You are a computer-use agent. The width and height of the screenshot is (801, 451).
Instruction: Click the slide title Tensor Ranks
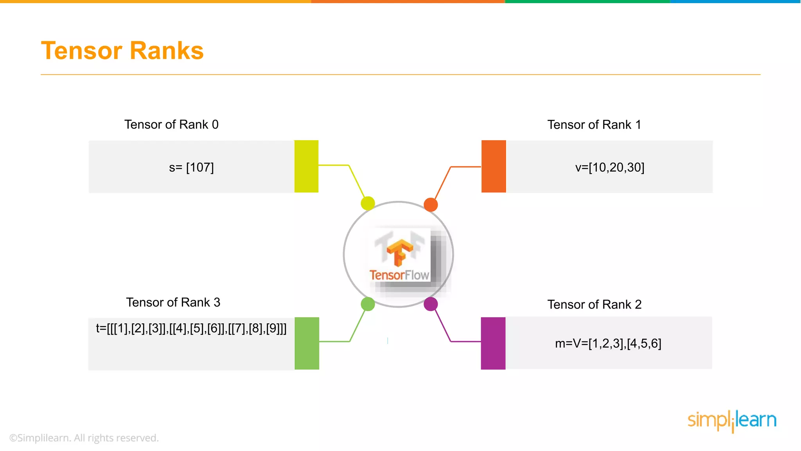(x=122, y=51)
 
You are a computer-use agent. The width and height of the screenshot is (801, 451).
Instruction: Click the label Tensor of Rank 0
(x=171, y=124)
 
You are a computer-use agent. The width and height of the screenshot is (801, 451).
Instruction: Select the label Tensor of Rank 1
(x=594, y=124)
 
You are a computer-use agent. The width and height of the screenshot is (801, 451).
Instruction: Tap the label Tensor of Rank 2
(x=594, y=304)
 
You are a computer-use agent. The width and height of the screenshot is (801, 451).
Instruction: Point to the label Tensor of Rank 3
(x=173, y=302)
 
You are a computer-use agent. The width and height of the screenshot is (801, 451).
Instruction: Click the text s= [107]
(x=191, y=168)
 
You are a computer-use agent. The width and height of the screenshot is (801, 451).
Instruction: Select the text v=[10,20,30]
(x=609, y=168)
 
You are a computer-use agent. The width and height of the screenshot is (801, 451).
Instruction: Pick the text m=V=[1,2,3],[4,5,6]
(x=608, y=343)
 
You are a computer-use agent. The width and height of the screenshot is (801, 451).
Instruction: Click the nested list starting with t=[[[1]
(x=191, y=328)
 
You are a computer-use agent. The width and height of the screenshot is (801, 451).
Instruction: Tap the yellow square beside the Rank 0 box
(x=306, y=166)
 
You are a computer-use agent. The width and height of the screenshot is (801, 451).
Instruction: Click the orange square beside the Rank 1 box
(x=494, y=166)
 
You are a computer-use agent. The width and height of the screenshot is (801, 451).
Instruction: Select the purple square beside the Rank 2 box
(x=493, y=343)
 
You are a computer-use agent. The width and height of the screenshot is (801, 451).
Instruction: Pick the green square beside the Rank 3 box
(x=307, y=343)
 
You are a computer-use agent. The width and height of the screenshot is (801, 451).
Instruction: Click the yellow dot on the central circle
(x=368, y=203)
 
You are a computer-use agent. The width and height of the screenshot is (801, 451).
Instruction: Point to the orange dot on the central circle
(x=431, y=204)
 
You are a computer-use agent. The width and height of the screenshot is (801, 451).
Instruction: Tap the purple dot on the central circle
(x=431, y=304)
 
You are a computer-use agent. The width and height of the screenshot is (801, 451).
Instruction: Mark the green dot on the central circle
(x=368, y=304)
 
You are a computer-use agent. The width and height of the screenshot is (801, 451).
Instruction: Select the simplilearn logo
(x=731, y=420)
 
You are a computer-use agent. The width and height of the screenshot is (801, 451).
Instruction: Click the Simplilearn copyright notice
(x=84, y=438)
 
